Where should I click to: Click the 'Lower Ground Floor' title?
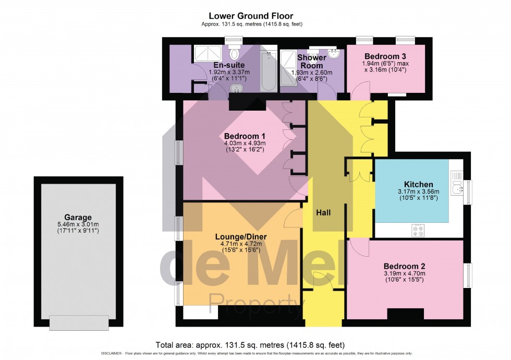click(251, 16)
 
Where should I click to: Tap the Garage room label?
click(78, 217)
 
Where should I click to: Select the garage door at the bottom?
click(79, 323)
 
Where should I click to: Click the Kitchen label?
click(418, 184)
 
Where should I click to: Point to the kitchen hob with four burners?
click(418, 230)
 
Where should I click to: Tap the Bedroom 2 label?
click(404, 267)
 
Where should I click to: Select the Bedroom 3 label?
click(385, 56)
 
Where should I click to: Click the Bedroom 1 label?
click(245, 136)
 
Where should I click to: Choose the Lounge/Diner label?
click(241, 237)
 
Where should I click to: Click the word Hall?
click(323, 213)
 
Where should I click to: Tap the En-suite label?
click(229, 65)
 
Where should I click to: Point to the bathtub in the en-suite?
click(269, 71)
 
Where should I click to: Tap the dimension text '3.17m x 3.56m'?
click(418, 192)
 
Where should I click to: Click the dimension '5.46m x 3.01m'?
click(78, 224)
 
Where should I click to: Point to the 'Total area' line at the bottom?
click(250, 345)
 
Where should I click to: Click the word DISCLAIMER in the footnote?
click(112, 354)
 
